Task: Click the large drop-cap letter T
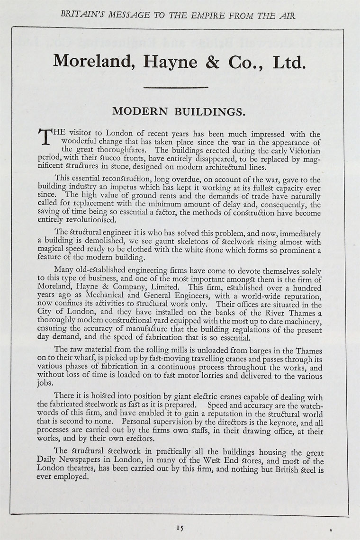(44, 138)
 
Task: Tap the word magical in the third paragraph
(51, 250)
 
